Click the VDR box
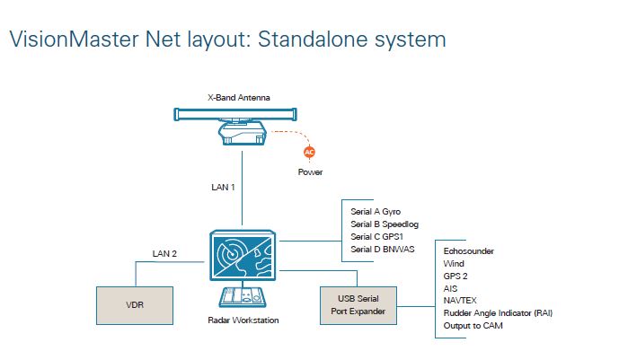(x=133, y=304)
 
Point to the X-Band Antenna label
(x=240, y=96)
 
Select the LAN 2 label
(x=163, y=254)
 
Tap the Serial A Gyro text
(x=376, y=211)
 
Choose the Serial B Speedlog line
(x=382, y=224)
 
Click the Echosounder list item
(x=469, y=251)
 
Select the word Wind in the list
(x=455, y=264)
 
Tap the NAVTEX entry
(x=462, y=301)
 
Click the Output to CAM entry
(x=473, y=326)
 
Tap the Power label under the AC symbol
(x=310, y=171)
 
